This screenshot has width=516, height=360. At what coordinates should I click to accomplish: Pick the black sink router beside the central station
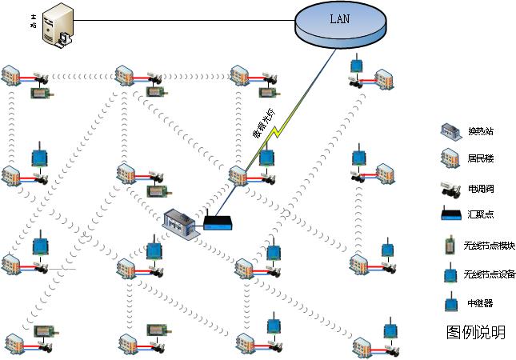(x=218, y=222)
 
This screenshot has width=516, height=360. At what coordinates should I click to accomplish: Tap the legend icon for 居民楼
(x=450, y=160)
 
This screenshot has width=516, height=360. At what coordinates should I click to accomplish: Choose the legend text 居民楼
(x=480, y=160)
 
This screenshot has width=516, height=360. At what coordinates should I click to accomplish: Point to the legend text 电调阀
(x=480, y=190)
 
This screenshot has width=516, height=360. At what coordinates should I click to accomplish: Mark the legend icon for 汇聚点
(x=450, y=214)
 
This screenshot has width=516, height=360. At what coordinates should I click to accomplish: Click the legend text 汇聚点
(x=480, y=215)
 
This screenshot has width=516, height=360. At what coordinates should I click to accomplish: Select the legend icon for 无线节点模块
(x=450, y=245)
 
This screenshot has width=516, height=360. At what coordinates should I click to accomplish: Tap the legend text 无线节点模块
(x=489, y=246)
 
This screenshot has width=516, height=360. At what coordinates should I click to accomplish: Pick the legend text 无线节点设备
(x=489, y=274)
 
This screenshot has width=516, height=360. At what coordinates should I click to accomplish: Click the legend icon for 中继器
(x=450, y=303)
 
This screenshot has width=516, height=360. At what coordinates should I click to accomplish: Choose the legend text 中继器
(x=480, y=304)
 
